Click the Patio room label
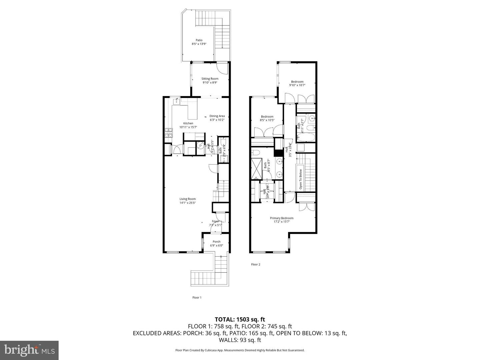[x=199, y=40]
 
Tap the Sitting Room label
[x=210, y=79]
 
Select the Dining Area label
[x=217, y=116]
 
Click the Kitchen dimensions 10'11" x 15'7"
[x=188, y=127]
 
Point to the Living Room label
[x=187, y=199]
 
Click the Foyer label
[x=216, y=221]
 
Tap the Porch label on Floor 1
[x=216, y=242]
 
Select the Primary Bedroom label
[x=282, y=218]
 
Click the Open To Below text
[x=300, y=179]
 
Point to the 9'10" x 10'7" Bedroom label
[x=297, y=82]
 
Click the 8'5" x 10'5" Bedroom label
[x=267, y=117]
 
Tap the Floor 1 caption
[x=197, y=297]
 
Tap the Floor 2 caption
[x=255, y=264]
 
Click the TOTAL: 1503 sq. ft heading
[x=240, y=319]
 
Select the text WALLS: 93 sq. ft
[x=240, y=340]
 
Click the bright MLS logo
[x=29, y=350]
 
